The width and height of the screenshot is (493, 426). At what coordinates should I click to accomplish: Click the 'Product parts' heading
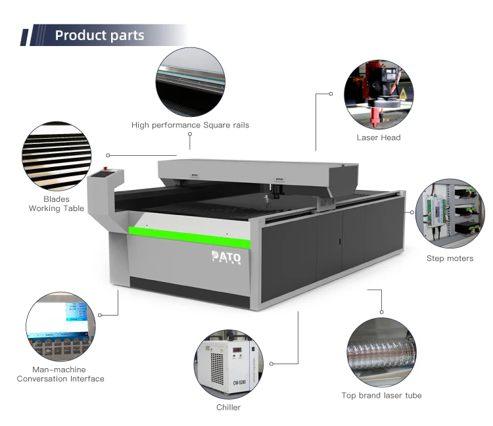tap(99, 35)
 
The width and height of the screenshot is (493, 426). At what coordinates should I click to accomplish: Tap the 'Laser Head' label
tap(378, 137)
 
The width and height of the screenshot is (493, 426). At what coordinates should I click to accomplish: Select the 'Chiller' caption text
tap(228, 407)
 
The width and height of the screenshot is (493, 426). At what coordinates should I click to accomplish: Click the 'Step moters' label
tap(450, 258)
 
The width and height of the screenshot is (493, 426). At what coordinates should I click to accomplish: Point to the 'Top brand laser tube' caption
tap(381, 395)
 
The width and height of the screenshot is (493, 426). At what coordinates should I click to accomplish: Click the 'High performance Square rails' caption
tap(190, 125)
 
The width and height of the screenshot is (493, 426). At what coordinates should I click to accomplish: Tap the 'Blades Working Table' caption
tap(56, 204)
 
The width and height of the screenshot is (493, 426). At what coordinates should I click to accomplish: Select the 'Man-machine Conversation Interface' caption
tap(60, 374)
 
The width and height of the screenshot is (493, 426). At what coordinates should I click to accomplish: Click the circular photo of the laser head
tap(378, 93)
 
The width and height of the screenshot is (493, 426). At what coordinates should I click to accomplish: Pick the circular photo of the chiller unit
tap(227, 364)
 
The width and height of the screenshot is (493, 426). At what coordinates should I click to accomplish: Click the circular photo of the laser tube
tap(381, 352)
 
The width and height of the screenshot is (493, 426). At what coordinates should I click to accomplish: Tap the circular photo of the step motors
tap(450, 213)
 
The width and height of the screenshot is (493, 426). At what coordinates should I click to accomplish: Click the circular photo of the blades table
tap(56, 156)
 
